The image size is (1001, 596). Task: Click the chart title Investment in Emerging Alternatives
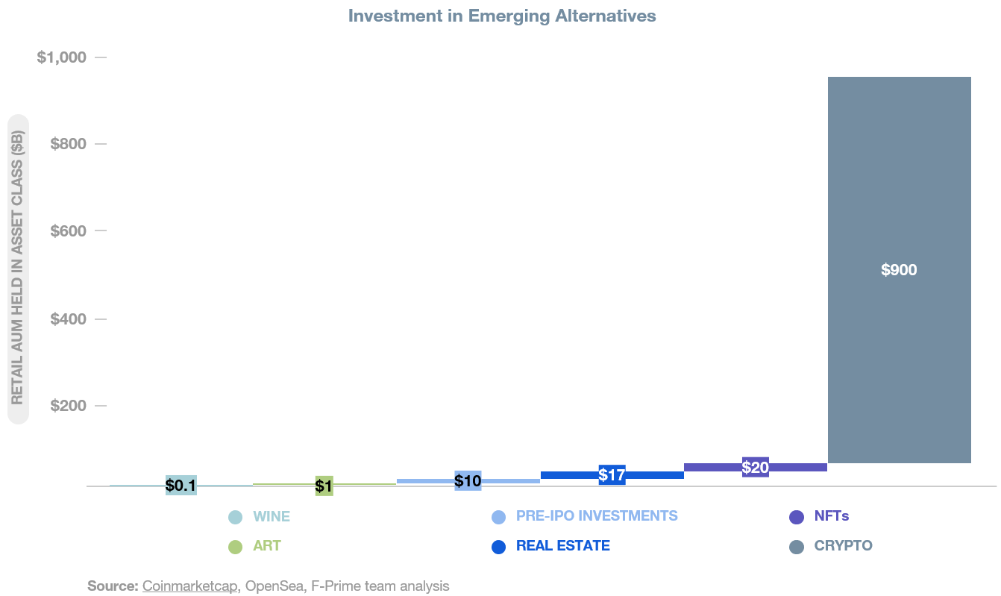(502, 16)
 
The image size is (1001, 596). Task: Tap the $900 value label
(899, 270)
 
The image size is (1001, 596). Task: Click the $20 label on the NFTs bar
(756, 468)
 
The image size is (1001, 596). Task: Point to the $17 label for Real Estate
(612, 474)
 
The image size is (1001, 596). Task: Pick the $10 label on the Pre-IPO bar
(468, 481)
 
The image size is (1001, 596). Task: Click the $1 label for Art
(324, 486)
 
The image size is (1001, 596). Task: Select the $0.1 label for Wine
(181, 486)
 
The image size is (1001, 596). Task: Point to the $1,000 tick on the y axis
(62, 57)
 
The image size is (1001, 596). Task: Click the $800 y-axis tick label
(69, 144)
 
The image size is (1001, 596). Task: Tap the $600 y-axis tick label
(69, 231)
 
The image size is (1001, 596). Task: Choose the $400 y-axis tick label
(69, 319)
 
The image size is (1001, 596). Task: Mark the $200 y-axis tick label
(69, 406)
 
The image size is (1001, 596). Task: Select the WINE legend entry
(271, 516)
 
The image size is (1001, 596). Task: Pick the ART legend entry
(266, 546)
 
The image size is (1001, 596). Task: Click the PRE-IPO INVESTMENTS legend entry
(596, 516)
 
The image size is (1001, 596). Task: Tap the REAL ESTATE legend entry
(562, 546)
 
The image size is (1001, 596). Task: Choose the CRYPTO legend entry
(843, 546)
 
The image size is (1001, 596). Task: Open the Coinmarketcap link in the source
(190, 586)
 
